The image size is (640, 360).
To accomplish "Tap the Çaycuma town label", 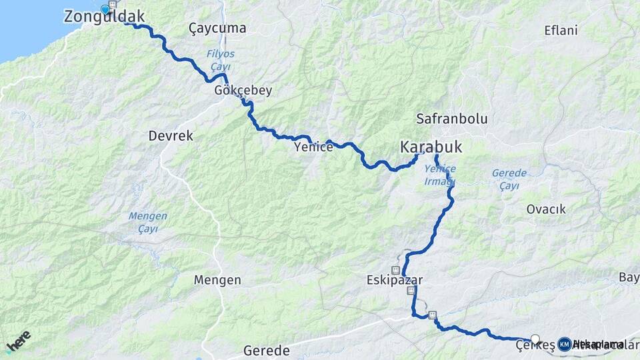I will point(217,29).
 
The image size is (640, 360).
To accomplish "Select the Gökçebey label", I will point(243,91).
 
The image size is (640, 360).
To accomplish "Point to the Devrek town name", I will point(171,136).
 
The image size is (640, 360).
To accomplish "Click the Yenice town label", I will point(313,147).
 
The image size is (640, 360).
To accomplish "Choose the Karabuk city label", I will point(431,147).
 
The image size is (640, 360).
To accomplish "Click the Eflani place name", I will point(561,31).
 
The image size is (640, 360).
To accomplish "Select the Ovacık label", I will point(546,209).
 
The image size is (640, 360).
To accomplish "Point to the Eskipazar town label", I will point(395,280).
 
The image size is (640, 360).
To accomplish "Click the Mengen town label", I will point(217,280).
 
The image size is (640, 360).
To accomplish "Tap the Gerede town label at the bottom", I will point(267,351).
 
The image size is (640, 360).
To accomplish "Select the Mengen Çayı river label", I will point(147,223).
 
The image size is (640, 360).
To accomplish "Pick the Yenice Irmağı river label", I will point(440,175).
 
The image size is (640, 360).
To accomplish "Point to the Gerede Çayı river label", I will point(509,179).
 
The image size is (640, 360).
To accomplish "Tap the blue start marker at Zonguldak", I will point(105,9).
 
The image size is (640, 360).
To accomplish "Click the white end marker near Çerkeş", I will point(535,339).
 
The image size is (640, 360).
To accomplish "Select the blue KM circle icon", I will point(565,344).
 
